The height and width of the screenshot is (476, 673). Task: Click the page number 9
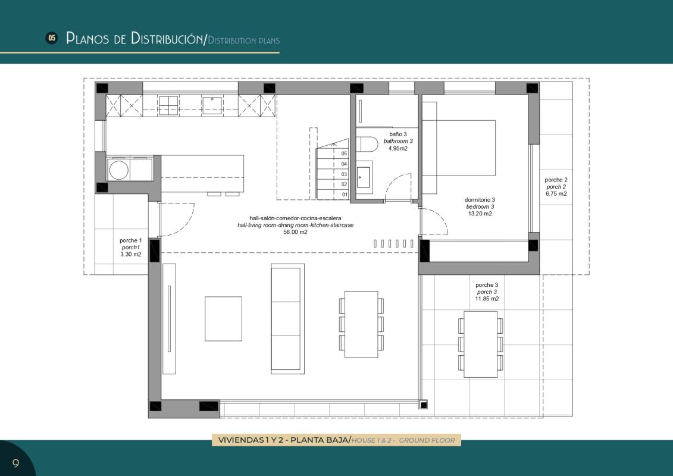(x=16, y=463)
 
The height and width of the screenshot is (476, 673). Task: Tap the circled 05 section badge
(x=52, y=38)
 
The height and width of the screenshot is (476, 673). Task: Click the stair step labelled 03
(x=333, y=174)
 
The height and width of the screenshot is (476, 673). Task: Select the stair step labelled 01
(x=333, y=195)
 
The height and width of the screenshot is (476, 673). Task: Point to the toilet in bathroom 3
(x=367, y=144)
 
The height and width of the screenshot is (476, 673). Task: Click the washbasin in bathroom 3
(x=364, y=177)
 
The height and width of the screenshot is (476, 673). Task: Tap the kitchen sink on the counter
(x=212, y=105)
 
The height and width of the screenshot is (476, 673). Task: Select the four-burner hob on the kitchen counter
(x=168, y=105)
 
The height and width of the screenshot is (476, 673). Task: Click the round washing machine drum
(x=118, y=170)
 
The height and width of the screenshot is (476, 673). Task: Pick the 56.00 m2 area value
(x=295, y=232)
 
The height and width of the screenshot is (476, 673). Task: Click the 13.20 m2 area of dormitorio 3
(x=480, y=214)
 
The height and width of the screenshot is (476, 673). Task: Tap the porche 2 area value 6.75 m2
(x=556, y=193)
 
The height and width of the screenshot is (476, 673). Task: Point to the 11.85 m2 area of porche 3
(x=487, y=299)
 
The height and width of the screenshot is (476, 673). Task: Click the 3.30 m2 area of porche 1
(x=131, y=255)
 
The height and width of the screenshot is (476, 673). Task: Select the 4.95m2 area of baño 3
(x=398, y=149)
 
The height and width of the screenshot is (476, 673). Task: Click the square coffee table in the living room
(x=223, y=318)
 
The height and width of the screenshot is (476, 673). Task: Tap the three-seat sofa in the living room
(x=287, y=318)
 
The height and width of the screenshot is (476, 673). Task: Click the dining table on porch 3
(x=481, y=345)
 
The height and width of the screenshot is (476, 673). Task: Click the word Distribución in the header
(x=167, y=38)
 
